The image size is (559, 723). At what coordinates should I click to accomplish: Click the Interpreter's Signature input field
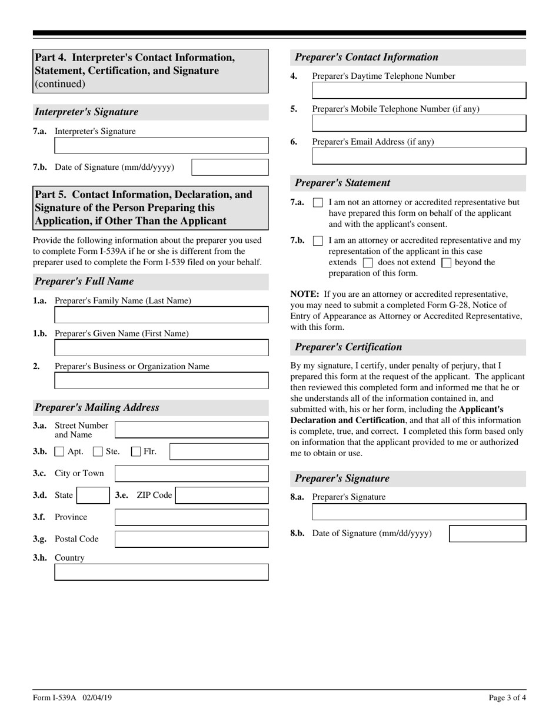tap(161, 145)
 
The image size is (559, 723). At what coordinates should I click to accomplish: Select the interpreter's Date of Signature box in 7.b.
tap(230, 168)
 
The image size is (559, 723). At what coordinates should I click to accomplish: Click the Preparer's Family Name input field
tap(161, 315)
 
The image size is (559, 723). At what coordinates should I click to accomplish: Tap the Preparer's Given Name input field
tap(161, 348)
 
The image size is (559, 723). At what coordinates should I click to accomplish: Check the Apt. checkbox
tap(59, 452)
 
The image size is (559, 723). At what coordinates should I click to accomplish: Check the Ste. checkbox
tap(98, 452)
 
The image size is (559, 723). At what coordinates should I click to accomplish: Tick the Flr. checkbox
tap(136, 452)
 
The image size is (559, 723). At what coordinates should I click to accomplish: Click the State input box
tap(93, 496)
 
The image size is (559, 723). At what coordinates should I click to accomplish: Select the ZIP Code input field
tap(222, 496)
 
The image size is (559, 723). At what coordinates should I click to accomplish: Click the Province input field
tap(191, 517)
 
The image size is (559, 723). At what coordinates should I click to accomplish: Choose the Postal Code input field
tap(191, 539)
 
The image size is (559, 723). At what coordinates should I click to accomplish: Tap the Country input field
tap(161, 573)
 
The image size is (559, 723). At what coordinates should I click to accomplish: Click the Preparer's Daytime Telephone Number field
tap(418, 91)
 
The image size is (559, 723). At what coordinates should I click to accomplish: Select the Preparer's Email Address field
tap(418, 156)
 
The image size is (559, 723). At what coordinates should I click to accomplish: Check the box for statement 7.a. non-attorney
tap(318, 203)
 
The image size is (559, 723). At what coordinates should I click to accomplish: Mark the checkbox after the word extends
tap(368, 263)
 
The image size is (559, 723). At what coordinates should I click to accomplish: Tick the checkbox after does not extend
tap(446, 263)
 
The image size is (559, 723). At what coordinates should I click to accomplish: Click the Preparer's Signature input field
tap(418, 512)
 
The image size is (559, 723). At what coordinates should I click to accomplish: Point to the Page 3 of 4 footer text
tap(507, 698)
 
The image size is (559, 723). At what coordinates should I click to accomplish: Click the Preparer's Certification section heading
tap(348, 347)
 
